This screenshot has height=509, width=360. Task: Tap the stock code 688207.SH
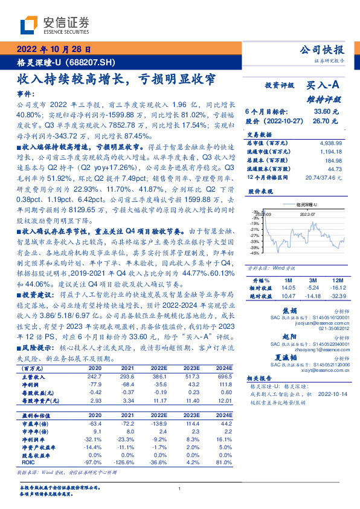91,62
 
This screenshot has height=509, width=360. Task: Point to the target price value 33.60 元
326,111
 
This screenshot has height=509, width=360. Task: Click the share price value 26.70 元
326,120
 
